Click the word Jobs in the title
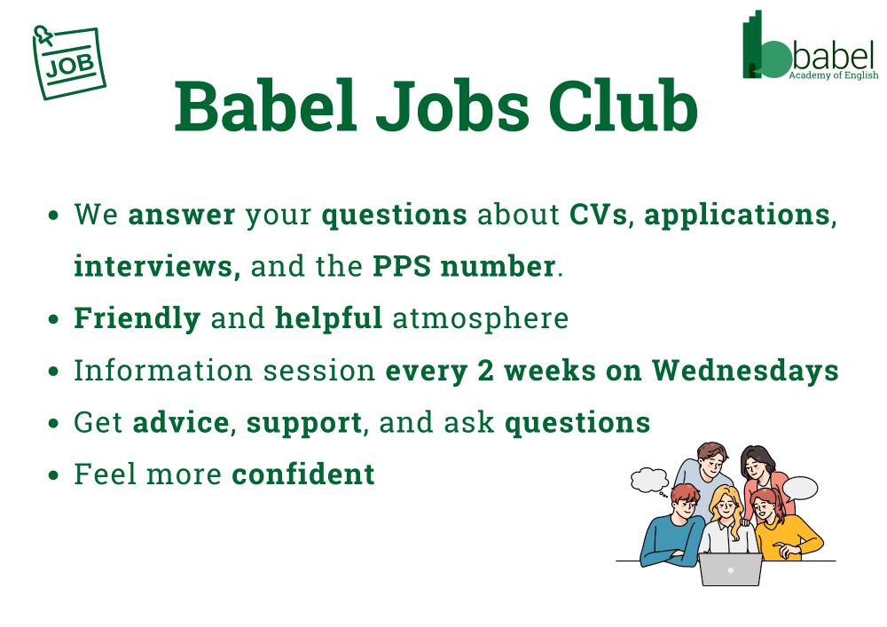[x=452, y=107]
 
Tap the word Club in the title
[x=623, y=106]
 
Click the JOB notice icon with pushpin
[x=69, y=62]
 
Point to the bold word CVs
[x=598, y=215]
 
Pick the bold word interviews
[x=153, y=266]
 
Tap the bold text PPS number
[x=464, y=266]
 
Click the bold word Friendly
[x=137, y=319]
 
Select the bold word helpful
[x=329, y=317]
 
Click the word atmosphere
[x=480, y=319]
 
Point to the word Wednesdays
[x=745, y=371]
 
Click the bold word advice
[x=180, y=422]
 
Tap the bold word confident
[x=303, y=474]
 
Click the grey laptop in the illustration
[x=730, y=569]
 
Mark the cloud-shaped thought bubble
[x=649, y=481]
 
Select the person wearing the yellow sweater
[x=782, y=525]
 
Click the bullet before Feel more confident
[x=54, y=474]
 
